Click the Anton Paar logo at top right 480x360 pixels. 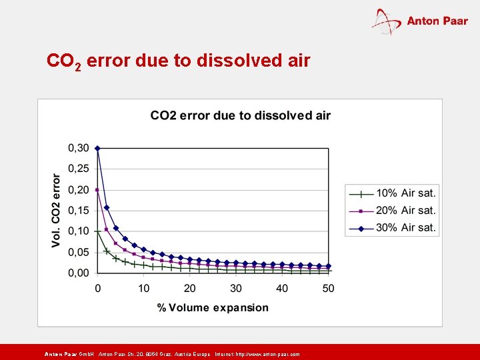click(x=420, y=21)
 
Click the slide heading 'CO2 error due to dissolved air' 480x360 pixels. click(x=178, y=61)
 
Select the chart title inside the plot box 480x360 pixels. click(x=240, y=115)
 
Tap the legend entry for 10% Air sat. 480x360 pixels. click(x=392, y=193)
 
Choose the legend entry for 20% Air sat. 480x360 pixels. click(x=392, y=210)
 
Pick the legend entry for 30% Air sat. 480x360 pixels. click(x=392, y=227)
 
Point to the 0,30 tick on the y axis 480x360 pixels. click(x=79, y=148)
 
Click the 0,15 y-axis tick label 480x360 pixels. click(x=79, y=211)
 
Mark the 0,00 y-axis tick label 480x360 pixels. click(x=79, y=273)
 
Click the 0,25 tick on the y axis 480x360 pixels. click(x=79, y=169)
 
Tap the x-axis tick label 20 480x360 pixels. click(x=190, y=288)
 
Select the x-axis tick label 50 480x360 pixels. click(x=328, y=288)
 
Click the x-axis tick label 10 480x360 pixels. click(x=144, y=288)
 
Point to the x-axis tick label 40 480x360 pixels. click(x=282, y=288)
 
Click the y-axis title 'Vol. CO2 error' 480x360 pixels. click(x=56, y=210)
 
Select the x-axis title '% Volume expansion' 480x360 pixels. click(x=213, y=307)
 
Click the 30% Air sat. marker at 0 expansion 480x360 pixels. click(x=97, y=148)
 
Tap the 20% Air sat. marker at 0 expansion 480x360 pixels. click(x=97, y=190)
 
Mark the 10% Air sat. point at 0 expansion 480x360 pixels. click(x=97, y=231)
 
